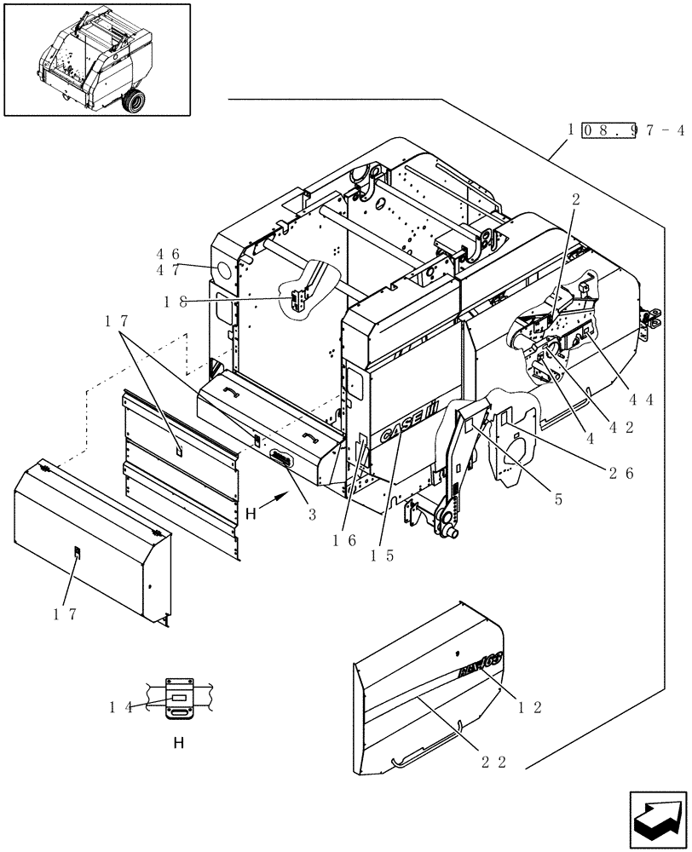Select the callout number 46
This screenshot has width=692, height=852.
click(x=168, y=254)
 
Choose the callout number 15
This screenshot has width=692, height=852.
click(x=381, y=556)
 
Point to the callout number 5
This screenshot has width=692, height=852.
click(x=558, y=501)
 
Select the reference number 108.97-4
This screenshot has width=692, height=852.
click(x=626, y=130)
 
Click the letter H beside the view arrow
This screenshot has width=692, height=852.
click(x=251, y=515)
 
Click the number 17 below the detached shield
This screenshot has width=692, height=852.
click(x=71, y=614)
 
